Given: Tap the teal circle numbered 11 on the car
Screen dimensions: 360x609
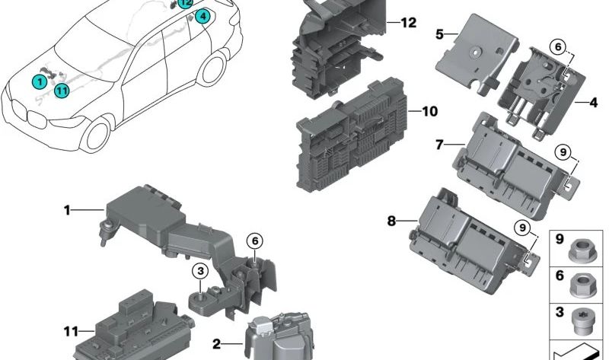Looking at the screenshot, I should click(62, 91).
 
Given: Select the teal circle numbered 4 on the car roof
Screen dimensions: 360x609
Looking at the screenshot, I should click(202, 16).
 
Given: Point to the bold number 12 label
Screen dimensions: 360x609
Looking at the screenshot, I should click(409, 23).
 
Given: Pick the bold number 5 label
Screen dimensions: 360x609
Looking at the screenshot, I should click(440, 34).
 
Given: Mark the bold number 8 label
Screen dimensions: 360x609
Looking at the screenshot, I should click(391, 221).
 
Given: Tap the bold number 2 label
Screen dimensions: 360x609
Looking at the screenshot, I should click(216, 344).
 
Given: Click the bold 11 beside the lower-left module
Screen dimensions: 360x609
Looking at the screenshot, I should click(71, 331).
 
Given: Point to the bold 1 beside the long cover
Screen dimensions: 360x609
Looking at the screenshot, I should click(66, 209).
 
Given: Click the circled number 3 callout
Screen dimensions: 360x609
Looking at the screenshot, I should click(199, 270).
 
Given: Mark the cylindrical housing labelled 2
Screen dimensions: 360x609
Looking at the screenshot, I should click(275, 336).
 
